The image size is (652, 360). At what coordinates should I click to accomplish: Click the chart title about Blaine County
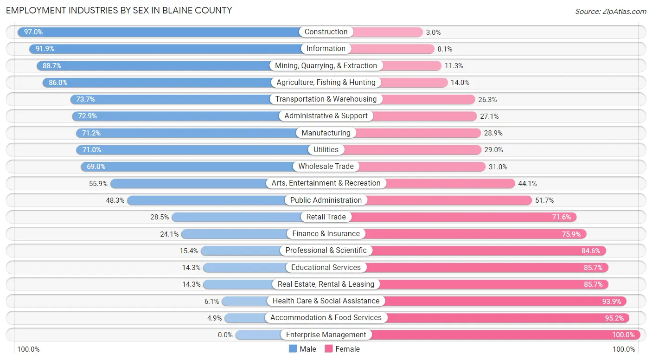tap(119, 10)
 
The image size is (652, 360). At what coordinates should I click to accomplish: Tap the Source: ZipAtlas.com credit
tap(611, 11)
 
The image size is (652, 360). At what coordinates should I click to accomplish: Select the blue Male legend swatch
tap(293, 349)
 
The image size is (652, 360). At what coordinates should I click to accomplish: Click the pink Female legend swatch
tap(329, 349)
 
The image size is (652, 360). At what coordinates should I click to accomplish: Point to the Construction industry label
tap(326, 32)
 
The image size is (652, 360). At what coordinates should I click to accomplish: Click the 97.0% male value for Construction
tap(33, 32)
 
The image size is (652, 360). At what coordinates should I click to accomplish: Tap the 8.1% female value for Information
tap(445, 49)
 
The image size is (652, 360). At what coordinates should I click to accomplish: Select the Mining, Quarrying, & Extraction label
tap(326, 65)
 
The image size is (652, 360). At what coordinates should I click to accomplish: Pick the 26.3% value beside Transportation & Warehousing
tap(488, 99)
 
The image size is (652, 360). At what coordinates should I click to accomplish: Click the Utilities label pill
tap(326, 149)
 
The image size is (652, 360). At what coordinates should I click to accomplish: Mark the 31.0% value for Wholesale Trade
tap(498, 167)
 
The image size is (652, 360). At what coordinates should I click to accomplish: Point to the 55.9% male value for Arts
tap(98, 184)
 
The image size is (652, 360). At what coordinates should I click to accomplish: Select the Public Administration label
tap(326, 200)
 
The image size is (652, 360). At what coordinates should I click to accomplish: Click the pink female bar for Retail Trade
tap(459, 217)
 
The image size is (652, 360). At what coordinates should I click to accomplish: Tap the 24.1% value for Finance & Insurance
tap(169, 234)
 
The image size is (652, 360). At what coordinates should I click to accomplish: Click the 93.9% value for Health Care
tap(611, 301)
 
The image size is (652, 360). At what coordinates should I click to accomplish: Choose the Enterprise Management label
tap(326, 334)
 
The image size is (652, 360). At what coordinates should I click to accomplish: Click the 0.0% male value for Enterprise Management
tap(225, 335)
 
